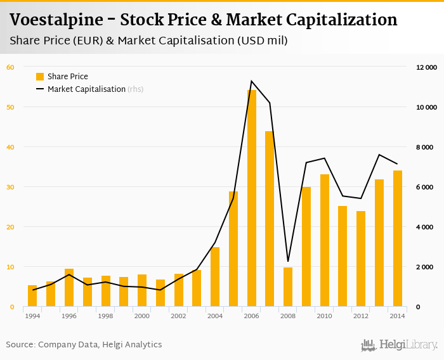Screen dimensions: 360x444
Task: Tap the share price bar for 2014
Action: point(398,238)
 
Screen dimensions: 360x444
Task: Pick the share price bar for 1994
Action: point(32,296)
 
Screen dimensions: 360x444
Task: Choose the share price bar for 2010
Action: point(325,240)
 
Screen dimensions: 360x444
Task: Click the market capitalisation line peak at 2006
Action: point(252,81)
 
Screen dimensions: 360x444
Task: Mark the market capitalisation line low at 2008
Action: point(288,261)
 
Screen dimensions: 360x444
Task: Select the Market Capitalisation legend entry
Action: point(86,89)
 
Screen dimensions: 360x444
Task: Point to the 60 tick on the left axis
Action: point(10,67)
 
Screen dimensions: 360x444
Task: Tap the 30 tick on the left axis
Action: point(10,187)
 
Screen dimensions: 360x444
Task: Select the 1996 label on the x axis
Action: point(69,316)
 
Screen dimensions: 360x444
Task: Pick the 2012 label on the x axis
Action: point(361,316)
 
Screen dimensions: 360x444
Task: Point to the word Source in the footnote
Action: point(20,345)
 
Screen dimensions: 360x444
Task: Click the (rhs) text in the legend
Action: point(135,89)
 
